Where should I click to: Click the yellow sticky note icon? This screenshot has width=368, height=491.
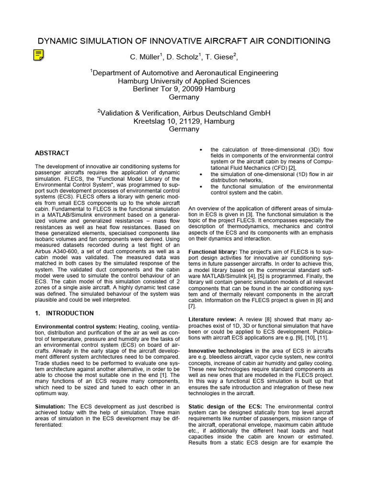point(39,55)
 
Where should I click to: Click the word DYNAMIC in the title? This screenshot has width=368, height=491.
point(58,41)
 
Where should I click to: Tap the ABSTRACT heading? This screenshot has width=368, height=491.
point(52,153)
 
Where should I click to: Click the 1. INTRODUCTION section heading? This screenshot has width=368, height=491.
point(64,313)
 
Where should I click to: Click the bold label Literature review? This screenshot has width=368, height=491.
point(212,319)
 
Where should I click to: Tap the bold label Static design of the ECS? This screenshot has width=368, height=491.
point(225,407)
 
